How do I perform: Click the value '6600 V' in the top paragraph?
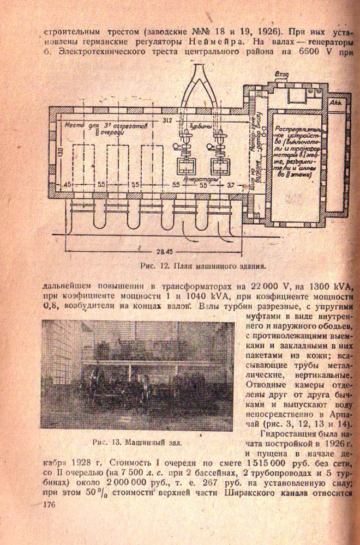[x=313, y=53]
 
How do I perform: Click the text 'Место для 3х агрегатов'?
[x=99, y=125]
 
